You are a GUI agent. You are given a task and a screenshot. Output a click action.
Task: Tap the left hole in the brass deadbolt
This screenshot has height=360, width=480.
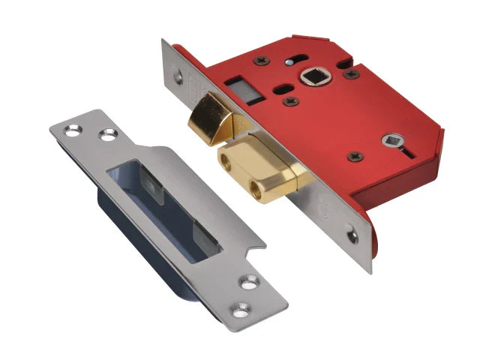point(227,160)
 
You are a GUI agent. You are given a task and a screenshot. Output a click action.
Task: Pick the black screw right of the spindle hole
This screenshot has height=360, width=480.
point(349,73)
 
